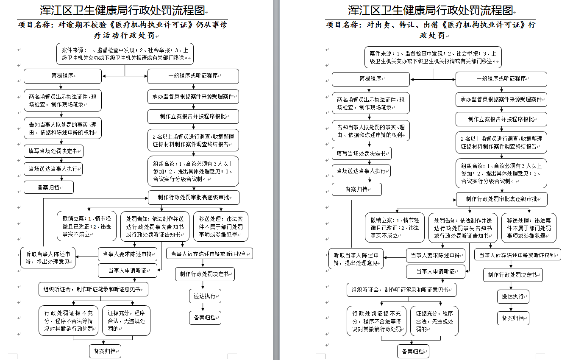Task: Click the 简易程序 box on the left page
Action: (63, 76)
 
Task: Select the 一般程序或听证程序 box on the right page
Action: (501, 79)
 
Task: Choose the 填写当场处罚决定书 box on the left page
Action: (53, 151)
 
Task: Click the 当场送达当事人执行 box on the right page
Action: (361, 171)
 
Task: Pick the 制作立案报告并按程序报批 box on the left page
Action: (193, 117)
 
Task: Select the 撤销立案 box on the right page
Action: (395, 227)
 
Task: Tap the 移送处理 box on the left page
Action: (220, 226)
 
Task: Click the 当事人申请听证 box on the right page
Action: (435, 271)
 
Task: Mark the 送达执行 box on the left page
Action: (205, 296)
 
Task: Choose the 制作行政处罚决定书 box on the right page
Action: (513, 275)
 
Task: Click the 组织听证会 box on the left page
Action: (93, 289)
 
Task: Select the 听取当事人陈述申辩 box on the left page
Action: (48, 258)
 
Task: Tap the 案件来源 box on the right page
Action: (433, 57)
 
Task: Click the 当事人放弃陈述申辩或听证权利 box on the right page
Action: (517, 255)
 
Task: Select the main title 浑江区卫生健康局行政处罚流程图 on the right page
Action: (431, 10)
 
